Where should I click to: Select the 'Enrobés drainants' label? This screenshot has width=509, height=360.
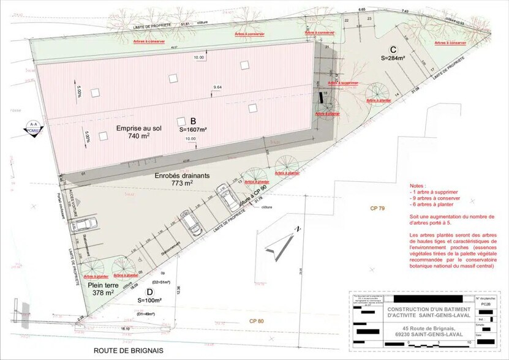click(x=182, y=175)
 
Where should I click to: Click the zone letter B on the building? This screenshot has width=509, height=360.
click(x=192, y=121)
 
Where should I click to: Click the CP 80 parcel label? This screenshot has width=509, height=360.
click(x=257, y=321)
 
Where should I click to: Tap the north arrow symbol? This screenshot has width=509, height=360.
click(x=277, y=245)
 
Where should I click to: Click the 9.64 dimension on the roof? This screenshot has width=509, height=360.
click(x=217, y=88)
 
